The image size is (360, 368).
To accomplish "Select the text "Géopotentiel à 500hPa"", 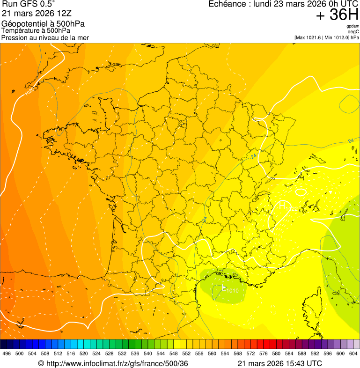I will pos(43,24).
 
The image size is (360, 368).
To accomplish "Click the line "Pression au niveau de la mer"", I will pos(45,37).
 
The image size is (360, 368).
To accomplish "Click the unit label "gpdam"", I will pos(353,26).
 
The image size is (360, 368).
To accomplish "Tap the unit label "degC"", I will pos(354,32).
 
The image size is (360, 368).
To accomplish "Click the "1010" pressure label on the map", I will pos(233,290).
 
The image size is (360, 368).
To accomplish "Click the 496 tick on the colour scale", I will pos(7,354).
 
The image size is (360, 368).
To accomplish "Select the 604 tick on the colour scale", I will pos(353,354).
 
